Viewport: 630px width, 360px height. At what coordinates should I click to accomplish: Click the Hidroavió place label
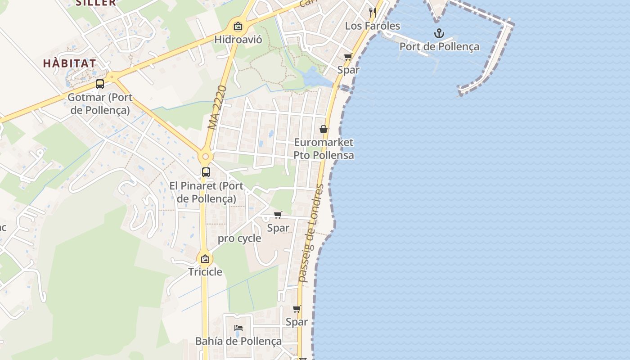(238, 39)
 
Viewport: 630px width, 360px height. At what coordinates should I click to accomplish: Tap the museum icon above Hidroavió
(238, 27)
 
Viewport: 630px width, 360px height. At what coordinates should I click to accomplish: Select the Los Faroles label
(372, 26)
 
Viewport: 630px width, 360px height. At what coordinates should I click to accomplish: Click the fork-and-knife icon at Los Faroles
(372, 12)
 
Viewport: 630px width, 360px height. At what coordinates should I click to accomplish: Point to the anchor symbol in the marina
(439, 33)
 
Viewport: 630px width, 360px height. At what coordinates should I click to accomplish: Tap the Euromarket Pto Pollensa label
(324, 149)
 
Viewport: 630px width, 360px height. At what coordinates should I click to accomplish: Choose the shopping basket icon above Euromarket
(323, 130)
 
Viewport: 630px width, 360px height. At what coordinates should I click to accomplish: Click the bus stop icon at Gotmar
(100, 84)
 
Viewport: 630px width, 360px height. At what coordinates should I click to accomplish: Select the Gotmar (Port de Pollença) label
(100, 103)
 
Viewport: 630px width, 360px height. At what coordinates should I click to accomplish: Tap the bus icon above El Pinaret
(206, 172)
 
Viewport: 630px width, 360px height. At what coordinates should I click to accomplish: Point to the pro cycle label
(239, 238)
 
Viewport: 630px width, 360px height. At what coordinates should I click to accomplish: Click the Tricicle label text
(205, 272)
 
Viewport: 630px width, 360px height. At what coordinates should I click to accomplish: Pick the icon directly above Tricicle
(205, 259)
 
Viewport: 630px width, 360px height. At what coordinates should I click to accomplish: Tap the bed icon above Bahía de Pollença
(238, 328)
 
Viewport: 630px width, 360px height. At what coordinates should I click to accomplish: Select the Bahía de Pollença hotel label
(238, 341)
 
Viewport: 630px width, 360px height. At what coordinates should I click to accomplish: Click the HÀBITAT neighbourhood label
(70, 63)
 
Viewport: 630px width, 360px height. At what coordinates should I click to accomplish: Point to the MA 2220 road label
(216, 108)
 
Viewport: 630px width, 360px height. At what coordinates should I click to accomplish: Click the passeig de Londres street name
(311, 233)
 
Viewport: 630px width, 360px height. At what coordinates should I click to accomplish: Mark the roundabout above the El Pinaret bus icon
(205, 157)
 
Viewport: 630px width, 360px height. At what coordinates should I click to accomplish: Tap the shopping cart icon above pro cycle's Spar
(278, 215)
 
